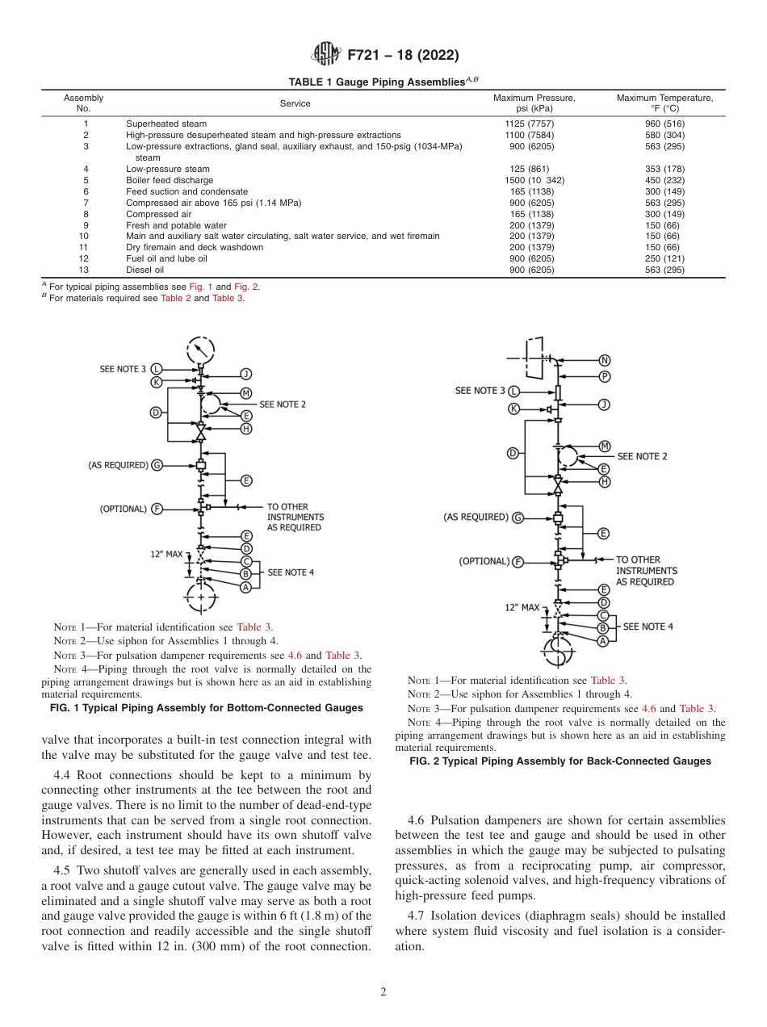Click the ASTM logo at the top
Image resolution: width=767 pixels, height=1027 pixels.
326,55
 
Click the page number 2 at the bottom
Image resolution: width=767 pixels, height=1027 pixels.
383,992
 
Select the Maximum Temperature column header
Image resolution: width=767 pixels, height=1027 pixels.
664,103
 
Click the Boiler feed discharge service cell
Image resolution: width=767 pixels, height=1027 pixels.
170,180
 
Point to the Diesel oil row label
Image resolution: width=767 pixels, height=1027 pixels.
145,270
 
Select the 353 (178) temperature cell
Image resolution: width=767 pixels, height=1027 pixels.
666,169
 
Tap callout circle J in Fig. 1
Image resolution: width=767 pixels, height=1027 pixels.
246,374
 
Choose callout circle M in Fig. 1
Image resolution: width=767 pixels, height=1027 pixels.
246,393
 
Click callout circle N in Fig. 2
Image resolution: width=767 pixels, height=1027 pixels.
605,359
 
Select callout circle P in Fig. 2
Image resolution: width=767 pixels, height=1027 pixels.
605,377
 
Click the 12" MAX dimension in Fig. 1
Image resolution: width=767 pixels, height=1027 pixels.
166,555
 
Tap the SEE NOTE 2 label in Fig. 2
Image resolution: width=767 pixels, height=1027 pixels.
642,456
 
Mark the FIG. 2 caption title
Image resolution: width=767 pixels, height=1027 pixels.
560,761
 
